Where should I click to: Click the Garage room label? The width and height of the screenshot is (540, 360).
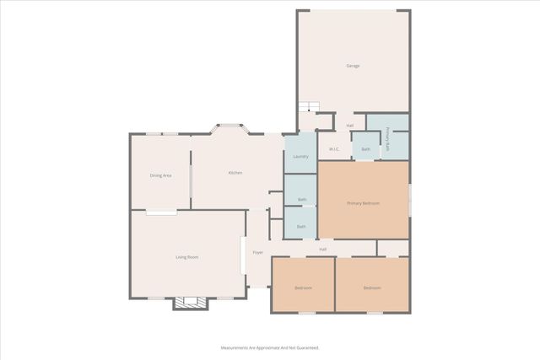point(353,66)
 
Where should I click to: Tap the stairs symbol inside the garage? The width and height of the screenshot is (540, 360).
point(309,106)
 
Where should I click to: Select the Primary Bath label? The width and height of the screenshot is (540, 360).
point(388,139)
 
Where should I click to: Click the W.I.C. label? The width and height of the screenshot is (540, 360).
point(334,149)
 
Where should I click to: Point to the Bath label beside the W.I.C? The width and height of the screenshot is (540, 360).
point(365,149)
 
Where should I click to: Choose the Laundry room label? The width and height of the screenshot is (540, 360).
point(300,157)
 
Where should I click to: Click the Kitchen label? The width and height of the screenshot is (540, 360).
point(235,173)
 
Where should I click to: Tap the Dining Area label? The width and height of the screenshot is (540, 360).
point(161,175)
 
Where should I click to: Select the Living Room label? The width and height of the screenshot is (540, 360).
point(186,256)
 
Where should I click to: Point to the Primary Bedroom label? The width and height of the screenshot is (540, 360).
point(364,203)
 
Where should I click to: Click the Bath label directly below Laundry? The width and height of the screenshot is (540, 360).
point(301,200)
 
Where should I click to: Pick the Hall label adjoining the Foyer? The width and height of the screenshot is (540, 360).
point(322,250)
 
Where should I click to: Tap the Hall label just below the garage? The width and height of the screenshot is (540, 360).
point(349,126)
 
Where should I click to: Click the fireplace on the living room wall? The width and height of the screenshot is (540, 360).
point(190,303)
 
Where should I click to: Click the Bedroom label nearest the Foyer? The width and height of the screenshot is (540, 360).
point(303,288)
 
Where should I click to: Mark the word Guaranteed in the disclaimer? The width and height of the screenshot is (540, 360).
point(304,347)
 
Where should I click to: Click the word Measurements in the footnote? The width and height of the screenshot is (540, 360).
point(239,347)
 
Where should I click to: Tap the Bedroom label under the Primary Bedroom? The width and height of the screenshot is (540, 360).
point(372,288)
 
